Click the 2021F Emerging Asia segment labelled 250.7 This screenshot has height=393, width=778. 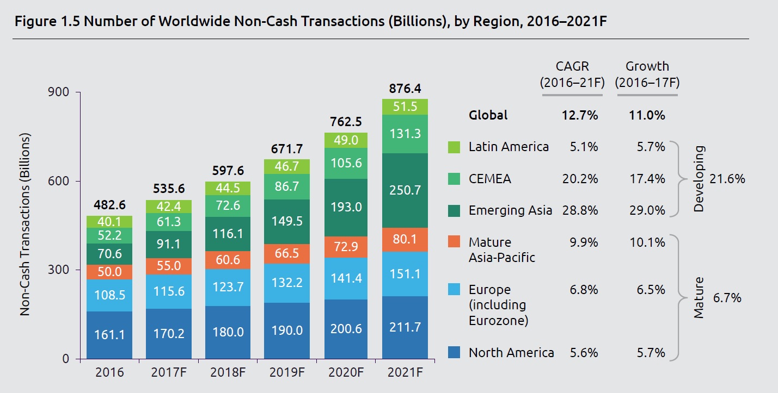click(x=405, y=190)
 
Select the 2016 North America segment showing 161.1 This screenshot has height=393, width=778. click(x=109, y=334)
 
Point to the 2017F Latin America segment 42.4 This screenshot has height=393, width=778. click(x=169, y=207)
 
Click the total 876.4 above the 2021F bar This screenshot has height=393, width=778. click(x=405, y=89)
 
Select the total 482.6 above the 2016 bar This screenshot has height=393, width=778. click(x=109, y=205)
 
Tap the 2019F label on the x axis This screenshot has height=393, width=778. click(x=286, y=373)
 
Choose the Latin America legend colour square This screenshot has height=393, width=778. click(x=455, y=147)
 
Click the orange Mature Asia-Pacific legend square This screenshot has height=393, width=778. click(x=455, y=242)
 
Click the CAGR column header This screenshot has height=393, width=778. click(x=572, y=67)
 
